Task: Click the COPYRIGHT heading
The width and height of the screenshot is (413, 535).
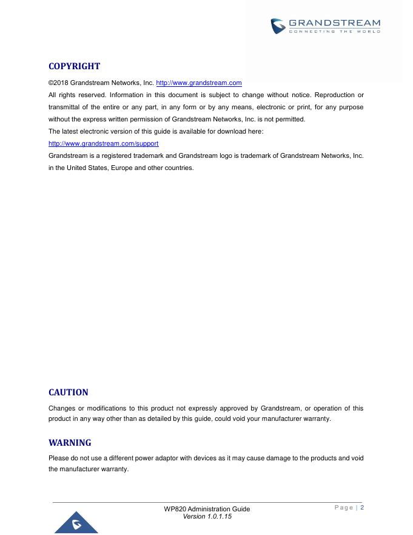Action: click(74, 66)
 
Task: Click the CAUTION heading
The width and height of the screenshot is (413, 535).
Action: click(69, 392)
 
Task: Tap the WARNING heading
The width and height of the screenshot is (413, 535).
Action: click(70, 443)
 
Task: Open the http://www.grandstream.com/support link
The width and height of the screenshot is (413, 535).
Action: click(104, 144)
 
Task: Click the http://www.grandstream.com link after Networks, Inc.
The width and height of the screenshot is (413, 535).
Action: click(199, 83)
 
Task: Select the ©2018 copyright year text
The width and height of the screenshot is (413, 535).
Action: click(58, 83)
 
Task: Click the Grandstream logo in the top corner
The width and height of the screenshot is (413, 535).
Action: click(278, 26)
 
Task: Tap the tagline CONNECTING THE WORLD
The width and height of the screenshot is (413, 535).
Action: click(334, 32)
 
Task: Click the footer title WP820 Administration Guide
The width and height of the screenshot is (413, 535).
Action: click(207, 509)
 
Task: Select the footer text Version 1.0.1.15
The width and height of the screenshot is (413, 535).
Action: click(207, 516)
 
